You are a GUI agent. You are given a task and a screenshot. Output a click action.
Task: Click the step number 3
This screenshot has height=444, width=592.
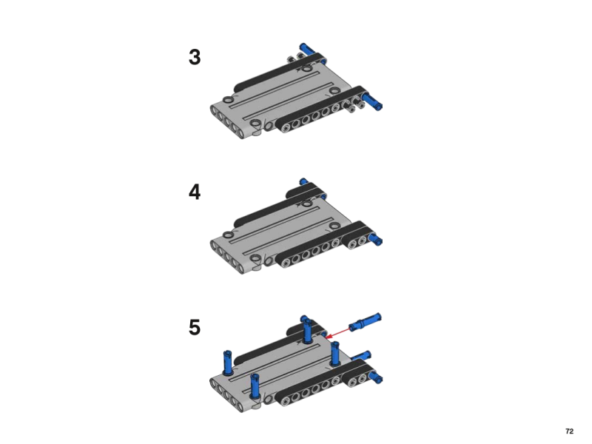[195, 58]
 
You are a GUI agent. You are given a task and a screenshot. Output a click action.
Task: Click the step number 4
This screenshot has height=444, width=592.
[195, 192]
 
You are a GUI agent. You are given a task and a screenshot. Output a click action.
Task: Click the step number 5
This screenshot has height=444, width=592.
[195, 327]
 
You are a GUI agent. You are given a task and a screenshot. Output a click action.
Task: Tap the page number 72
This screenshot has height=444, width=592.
[569, 431]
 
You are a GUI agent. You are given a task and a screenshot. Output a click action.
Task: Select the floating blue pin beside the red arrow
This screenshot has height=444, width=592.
[365, 322]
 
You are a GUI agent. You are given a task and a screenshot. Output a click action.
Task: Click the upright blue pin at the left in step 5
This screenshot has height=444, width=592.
[228, 362]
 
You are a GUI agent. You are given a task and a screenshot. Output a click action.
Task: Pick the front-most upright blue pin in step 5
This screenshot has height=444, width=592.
[255, 386]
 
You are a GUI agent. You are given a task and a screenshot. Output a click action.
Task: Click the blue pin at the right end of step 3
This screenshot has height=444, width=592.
[372, 101]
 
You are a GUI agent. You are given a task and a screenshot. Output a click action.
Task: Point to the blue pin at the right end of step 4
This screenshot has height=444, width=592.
[376, 239]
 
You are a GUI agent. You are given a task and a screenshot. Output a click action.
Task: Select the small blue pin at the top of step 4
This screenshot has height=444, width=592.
[303, 181]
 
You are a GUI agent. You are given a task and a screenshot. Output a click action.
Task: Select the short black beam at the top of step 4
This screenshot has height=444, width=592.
[306, 191]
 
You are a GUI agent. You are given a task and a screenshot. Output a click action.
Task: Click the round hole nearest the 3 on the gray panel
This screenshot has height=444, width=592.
[228, 100]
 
